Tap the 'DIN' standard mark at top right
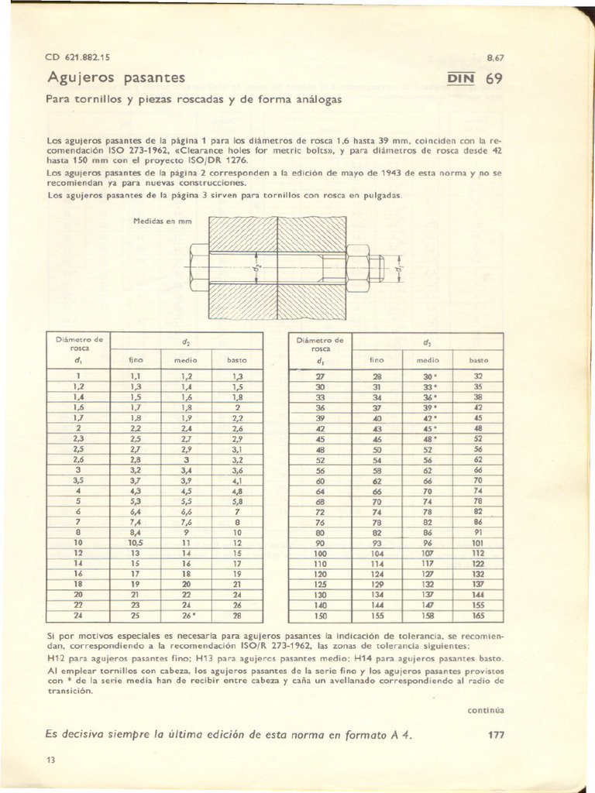tap(464, 78)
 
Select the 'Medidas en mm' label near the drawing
tap(161, 221)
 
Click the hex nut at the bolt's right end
tap(358, 266)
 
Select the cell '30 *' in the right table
tap(428, 376)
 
